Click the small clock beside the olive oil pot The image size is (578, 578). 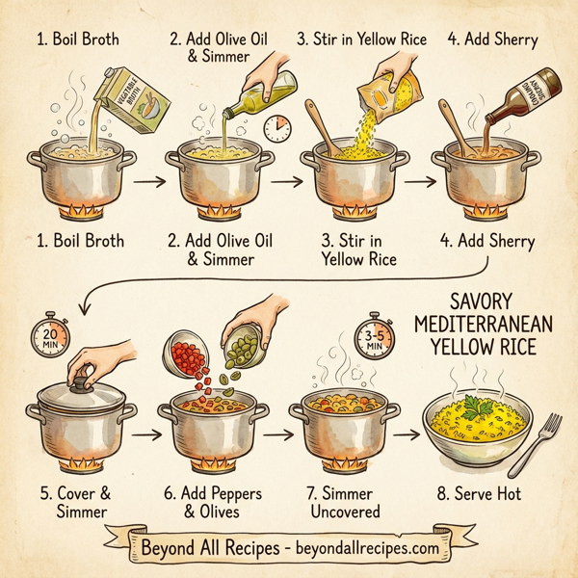point(277,126)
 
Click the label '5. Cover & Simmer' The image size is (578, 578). point(76,502)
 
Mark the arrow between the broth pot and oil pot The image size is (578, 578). point(148,180)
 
